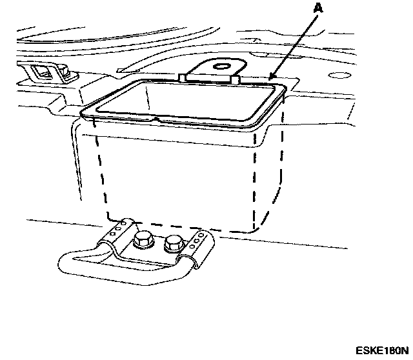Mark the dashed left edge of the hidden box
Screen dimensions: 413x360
98,174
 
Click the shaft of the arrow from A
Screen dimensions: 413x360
294,45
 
